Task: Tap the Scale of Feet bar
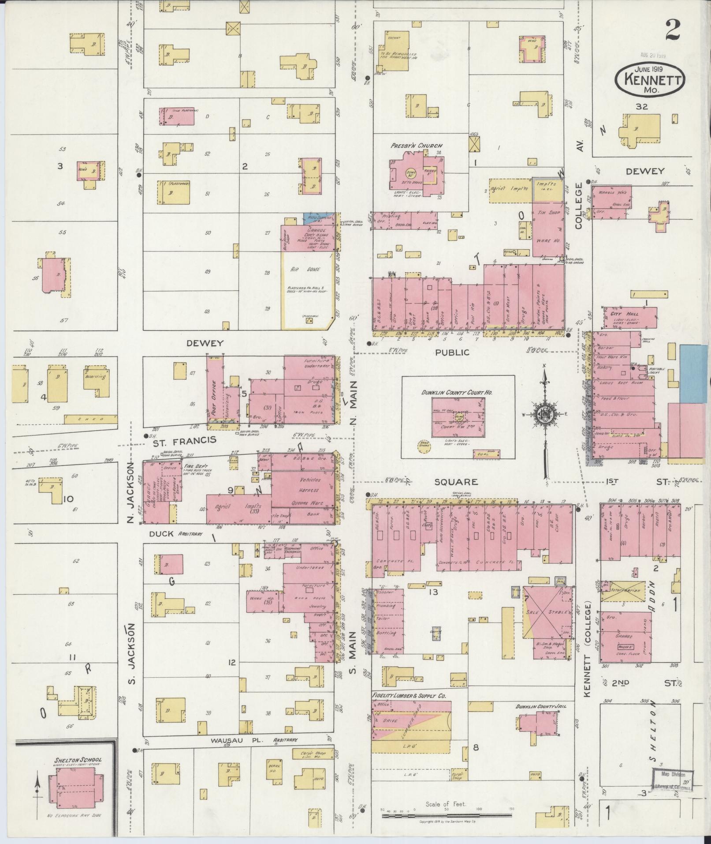point(446,815)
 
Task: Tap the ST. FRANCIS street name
point(184,439)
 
